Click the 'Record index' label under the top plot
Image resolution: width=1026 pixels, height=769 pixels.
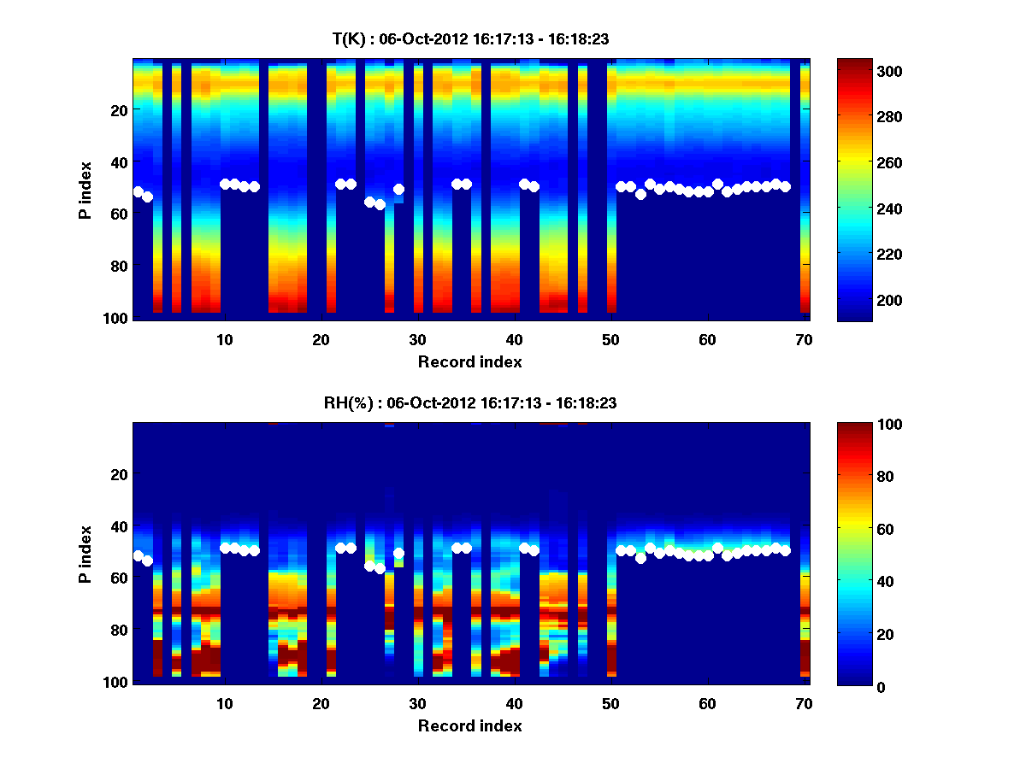[469, 362]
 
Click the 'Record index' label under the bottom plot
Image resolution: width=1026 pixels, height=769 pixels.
[469, 726]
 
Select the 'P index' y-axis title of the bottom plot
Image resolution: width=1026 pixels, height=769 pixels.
[85, 554]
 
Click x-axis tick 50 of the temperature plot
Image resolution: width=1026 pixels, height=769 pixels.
[610, 338]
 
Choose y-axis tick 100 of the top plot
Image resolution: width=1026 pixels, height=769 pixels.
[117, 318]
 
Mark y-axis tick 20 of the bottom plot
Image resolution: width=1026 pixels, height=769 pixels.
[121, 474]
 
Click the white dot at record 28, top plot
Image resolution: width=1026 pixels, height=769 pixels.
[398, 190]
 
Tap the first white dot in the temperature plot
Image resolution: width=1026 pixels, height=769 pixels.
[138, 191]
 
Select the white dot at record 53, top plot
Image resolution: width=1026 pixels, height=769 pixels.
[640, 194]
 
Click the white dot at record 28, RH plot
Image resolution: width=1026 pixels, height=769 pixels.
[398, 554]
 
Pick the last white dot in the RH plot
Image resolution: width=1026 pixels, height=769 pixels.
[785, 550]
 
